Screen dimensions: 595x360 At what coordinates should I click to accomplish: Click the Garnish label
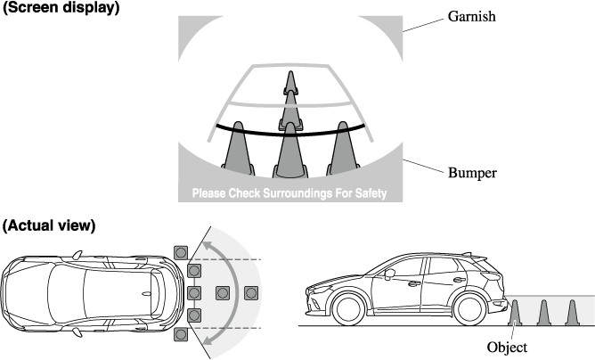point(472,16)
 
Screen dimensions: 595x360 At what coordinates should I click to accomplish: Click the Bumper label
point(472,173)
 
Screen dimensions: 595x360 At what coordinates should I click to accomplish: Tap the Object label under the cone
point(507,348)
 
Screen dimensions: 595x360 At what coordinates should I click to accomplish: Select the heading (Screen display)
point(61,7)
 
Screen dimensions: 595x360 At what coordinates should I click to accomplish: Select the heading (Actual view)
point(49,225)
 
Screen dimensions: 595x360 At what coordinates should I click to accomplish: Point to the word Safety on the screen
point(371,193)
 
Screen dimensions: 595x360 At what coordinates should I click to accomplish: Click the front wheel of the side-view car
point(348,308)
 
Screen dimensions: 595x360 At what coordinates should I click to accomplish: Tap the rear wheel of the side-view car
point(470,308)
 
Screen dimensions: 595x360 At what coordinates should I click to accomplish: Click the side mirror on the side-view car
point(390,274)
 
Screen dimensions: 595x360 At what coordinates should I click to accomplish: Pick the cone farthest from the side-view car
point(572,313)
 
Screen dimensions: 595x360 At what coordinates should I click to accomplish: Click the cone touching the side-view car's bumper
point(515,313)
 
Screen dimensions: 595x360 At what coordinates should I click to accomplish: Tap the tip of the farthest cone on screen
point(290,71)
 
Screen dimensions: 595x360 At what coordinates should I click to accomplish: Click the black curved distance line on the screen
point(290,134)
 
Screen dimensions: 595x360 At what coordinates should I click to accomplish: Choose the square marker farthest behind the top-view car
point(251,293)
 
